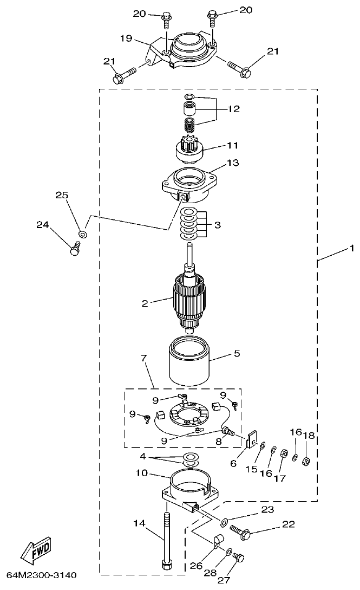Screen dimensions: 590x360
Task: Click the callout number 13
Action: point(233,162)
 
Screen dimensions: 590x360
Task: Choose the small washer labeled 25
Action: point(82,234)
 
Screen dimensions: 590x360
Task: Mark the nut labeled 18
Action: point(306,462)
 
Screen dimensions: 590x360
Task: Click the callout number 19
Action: point(126,38)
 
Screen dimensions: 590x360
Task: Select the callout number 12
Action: point(233,109)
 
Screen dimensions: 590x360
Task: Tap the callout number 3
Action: point(217,224)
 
